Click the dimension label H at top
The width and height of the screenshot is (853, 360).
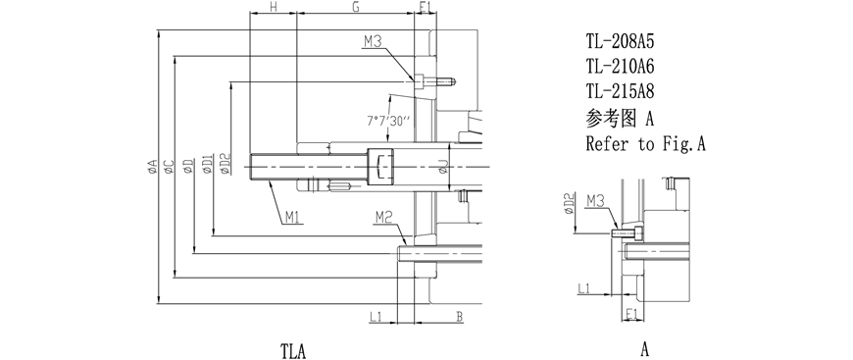pos(274,7)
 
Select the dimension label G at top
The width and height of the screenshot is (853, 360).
pos(355,7)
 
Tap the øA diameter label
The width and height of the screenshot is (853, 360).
pos(152,166)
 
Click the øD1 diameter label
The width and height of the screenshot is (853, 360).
pos(207,164)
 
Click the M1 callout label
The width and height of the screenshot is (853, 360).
pos(293,218)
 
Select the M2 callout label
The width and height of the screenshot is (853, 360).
pos(383,218)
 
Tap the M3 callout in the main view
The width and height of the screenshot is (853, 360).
pos(373,41)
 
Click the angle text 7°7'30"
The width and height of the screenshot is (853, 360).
pos(388,122)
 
